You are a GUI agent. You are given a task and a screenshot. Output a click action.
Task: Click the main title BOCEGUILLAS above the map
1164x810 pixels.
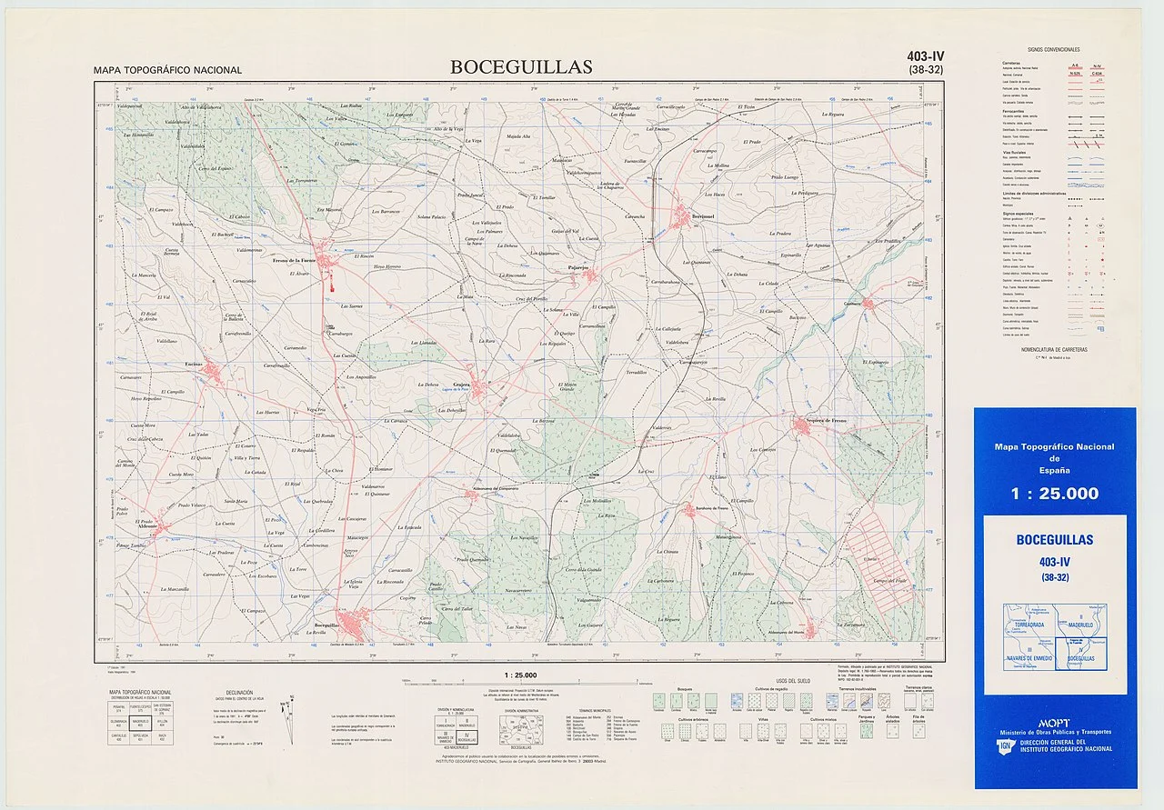[520, 66]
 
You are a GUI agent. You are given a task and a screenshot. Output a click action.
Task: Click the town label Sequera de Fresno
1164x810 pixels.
[821, 421]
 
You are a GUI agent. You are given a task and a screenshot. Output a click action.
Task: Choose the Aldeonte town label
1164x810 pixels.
[148, 526]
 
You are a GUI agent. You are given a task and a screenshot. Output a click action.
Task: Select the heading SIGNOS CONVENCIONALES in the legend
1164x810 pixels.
[1053, 49]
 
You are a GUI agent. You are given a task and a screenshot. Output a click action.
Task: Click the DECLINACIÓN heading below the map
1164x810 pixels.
[226, 692]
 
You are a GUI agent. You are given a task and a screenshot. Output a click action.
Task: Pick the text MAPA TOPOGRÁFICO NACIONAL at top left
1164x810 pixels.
[167, 70]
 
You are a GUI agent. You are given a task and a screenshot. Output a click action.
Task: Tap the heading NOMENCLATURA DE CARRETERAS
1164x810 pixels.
[1053, 349]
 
